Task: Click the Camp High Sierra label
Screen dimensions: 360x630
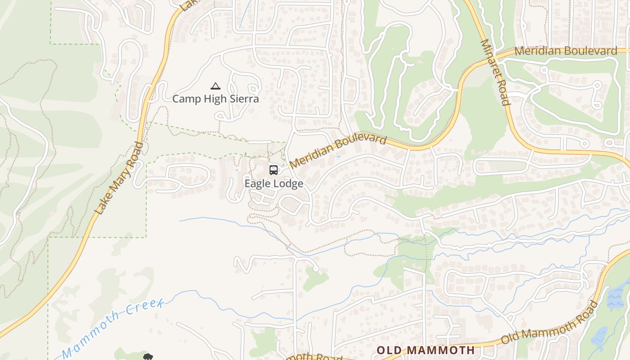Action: [x=216, y=99]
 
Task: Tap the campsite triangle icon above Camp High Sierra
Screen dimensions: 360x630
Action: [x=216, y=86]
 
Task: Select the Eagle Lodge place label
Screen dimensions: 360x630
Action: [x=274, y=184]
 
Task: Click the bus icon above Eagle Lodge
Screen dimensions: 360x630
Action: [x=274, y=170]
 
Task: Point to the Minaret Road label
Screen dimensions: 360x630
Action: [x=495, y=72]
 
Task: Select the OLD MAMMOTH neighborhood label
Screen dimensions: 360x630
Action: [x=425, y=350]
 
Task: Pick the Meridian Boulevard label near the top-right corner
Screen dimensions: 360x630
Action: [x=566, y=51]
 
